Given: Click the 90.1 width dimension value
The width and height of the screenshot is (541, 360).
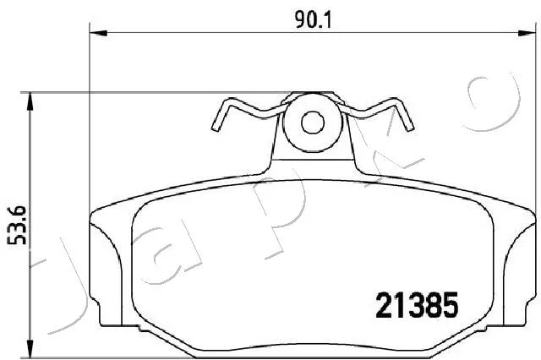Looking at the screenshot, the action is [314, 20].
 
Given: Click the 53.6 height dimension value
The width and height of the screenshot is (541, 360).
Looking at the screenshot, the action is [17, 225].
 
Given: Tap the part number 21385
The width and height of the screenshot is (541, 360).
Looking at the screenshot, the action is [417, 305].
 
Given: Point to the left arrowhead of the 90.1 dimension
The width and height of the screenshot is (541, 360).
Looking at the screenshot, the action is [99, 33].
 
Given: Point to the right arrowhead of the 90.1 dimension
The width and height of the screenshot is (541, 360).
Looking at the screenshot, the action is [527, 33].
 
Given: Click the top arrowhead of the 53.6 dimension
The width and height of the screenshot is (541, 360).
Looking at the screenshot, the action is [30, 101].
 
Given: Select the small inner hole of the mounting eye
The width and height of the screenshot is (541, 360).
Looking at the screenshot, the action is [313, 123].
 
